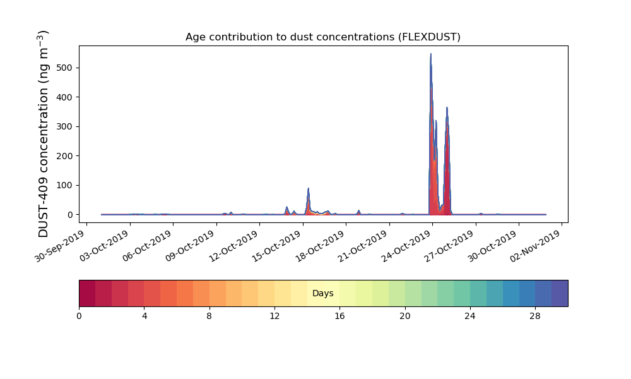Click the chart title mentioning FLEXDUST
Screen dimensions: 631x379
(x=322, y=37)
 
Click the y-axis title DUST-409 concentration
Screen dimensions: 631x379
(x=43, y=134)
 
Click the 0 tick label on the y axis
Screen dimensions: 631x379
(x=71, y=215)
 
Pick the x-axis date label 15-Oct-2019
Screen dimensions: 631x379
(x=277, y=246)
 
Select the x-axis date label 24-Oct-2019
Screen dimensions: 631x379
(x=406, y=246)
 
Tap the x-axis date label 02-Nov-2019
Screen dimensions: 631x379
(x=536, y=246)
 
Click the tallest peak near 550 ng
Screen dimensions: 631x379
(x=430, y=54)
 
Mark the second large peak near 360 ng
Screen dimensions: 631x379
(x=447, y=107)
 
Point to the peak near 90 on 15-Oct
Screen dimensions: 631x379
(x=309, y=188)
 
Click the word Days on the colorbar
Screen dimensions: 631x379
(x=322, y=293)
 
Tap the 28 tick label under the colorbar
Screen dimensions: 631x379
(x=535, y=316)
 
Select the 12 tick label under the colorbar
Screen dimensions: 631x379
(x=274, y=316)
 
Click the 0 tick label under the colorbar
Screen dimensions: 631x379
(x=79, y=316)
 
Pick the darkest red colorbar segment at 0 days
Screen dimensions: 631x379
(x=87, y=293)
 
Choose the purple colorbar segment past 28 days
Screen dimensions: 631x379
(x=560, y=293)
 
